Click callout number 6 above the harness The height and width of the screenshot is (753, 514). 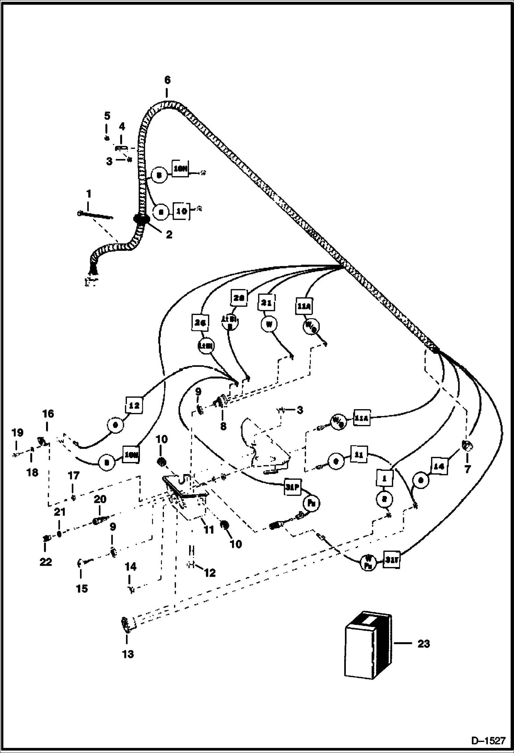click(x=167, y=80)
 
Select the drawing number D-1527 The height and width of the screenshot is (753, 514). click(x=489, y=741)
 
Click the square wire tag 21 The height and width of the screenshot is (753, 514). click(x=266, y=303)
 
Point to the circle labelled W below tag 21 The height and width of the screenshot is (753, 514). click(x=269, y=324)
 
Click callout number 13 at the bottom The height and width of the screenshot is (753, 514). click(x=128, y=654)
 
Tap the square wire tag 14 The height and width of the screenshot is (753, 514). click(x=439, y=466)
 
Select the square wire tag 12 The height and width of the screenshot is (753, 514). click(x=134, y=405)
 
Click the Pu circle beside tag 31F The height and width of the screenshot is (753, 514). click(x=311, y=503)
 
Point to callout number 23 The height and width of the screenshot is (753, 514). click(x=423, y=644)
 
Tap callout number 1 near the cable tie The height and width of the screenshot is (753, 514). click(x=89, y=194)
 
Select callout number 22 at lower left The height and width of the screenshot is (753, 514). click(x=46, y=562)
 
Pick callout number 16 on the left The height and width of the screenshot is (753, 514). click(x=48, y=414)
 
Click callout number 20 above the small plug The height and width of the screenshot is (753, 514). click(x=100, y=499)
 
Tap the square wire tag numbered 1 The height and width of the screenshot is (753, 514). click(x=384, y=477)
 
